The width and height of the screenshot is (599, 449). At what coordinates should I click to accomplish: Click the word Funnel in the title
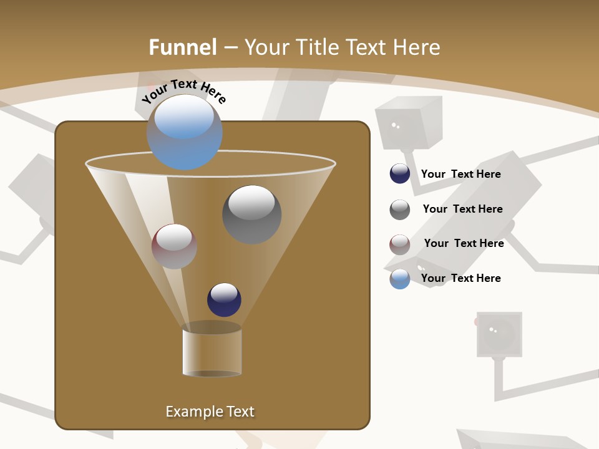(x=183, y=47)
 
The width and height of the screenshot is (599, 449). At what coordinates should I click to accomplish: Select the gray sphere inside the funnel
(x=252, y=215)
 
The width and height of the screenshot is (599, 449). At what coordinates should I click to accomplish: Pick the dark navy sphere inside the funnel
(x=224, y=300)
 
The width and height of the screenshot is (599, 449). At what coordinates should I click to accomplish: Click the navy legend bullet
(x=400, y=173)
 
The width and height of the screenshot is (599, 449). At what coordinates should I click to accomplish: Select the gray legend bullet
(x=400, y=209)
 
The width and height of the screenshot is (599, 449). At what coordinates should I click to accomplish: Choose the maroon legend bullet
(x=400, y=244)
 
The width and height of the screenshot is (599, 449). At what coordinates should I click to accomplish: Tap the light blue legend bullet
(x=400, y=279)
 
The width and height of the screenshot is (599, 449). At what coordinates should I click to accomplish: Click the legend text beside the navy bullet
(x=460, y=174)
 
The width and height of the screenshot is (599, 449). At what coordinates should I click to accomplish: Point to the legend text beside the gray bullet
(x=462, y=209)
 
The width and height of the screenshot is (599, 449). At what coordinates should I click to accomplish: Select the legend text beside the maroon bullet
(x=464, y=243)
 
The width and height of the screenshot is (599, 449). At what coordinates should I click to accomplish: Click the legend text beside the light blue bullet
(x=460, y=278)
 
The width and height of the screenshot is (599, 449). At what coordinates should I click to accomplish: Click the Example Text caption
(x=210, y=412)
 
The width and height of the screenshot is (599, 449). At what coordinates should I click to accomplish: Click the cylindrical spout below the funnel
(x=212, y=350)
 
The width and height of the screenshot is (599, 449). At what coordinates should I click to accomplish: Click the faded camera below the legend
(x=499, y=334)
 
